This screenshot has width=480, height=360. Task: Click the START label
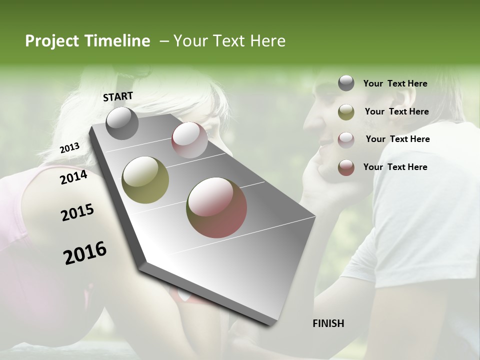(x=118, y=96)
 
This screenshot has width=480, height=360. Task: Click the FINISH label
(x=328, y=323)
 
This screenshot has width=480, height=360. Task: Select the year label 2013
(x=69, y=147)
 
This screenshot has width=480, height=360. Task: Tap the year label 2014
(x=74, y=177)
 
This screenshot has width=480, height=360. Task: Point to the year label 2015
(x=77, y=212)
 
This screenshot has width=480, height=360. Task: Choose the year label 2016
(x=85, y=252)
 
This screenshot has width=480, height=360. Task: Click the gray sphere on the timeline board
(x=122, y=123)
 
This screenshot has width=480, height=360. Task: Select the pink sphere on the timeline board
(x=189, y=140)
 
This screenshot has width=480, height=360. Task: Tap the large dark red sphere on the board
(x=216, y=207)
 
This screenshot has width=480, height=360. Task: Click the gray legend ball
(x=346, y=83)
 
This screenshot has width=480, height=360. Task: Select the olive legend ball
(x=346, y=112)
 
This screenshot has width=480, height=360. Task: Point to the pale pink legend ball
(x=346, y=139)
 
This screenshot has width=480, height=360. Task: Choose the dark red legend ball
(x=346, y=167)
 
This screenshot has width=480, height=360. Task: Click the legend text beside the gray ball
(x=395, y=83)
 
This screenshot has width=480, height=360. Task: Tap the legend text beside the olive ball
(x=396, y=111)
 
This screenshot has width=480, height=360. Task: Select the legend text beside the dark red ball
(x=395, y=167)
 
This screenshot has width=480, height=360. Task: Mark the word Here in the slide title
(x=267, y=41)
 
